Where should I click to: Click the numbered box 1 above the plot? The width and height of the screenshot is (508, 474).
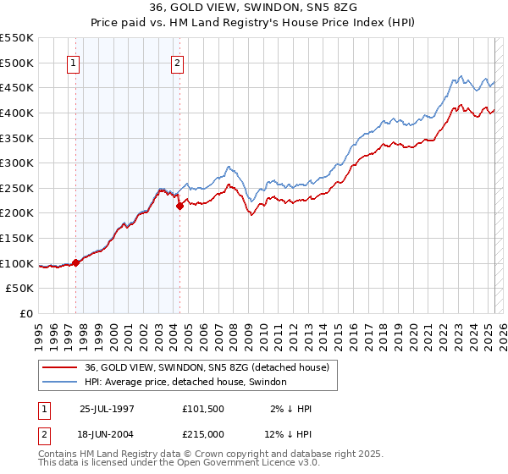[74, 62]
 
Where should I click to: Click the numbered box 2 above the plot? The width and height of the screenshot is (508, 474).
[178, 62]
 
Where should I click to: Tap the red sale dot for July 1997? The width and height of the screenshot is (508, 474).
[76, 262]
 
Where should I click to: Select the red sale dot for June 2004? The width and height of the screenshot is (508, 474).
[179, 206]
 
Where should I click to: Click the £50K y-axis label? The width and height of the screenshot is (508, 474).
[20, 288]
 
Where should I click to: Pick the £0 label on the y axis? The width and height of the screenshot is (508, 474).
[27, 313]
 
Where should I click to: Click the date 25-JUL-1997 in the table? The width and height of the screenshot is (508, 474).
[107, 408]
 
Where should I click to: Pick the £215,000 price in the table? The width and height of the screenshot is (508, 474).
[203, 433]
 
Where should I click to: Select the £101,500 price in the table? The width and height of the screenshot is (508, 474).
[203, 408]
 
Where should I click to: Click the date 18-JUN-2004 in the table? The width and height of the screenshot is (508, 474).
[107, 433]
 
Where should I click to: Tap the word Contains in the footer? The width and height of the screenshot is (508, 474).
[59, 455]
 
